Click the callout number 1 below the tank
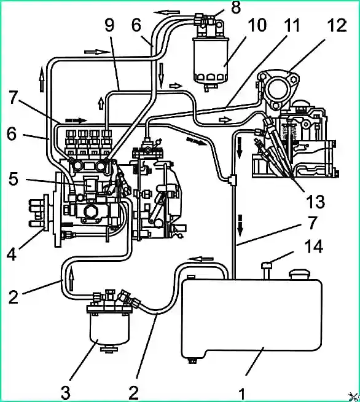pyautogui.click(x=242, y=393)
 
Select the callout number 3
pyautogui.click(x=66, y=392)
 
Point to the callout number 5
pyautogui.click(x=14, y=179)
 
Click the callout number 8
pyautogui.click(x=235, y=7)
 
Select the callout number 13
pyautogui.click(x=315, y=201)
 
